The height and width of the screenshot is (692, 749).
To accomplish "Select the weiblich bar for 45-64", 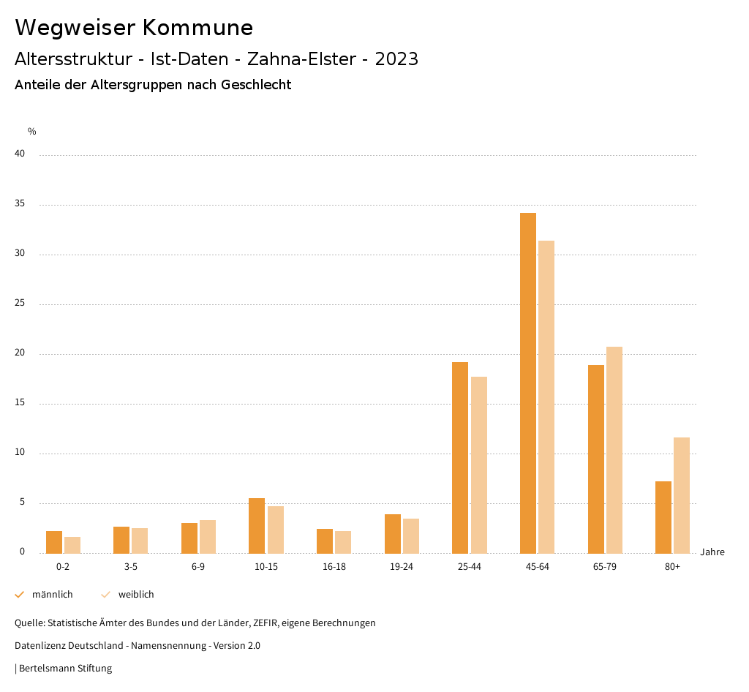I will tap(546, 396).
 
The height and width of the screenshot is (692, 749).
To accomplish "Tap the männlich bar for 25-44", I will tap(460, 457).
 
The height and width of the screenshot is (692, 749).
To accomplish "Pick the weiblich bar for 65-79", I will tap(614, 450).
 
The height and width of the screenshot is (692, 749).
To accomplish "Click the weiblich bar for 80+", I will tap(682, 495).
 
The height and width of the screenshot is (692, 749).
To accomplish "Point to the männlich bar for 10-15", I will tap(257, 525).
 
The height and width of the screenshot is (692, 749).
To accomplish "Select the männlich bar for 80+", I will tap(663, 517).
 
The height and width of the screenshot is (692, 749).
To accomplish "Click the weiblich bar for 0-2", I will tap(72, 545).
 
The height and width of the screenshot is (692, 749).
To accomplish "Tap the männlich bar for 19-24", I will tap(393, 533).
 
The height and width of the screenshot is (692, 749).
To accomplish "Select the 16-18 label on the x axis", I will tap(334, 567).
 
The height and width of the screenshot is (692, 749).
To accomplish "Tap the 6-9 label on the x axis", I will tap(198, 567).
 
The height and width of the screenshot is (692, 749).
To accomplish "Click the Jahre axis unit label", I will tap(712, 552).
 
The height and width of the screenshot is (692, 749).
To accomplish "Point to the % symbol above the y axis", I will tap(32, 132).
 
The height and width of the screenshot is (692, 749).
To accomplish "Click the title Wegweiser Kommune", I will tap(134, 28).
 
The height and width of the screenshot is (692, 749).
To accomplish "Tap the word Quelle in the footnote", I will tap(29, 623).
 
